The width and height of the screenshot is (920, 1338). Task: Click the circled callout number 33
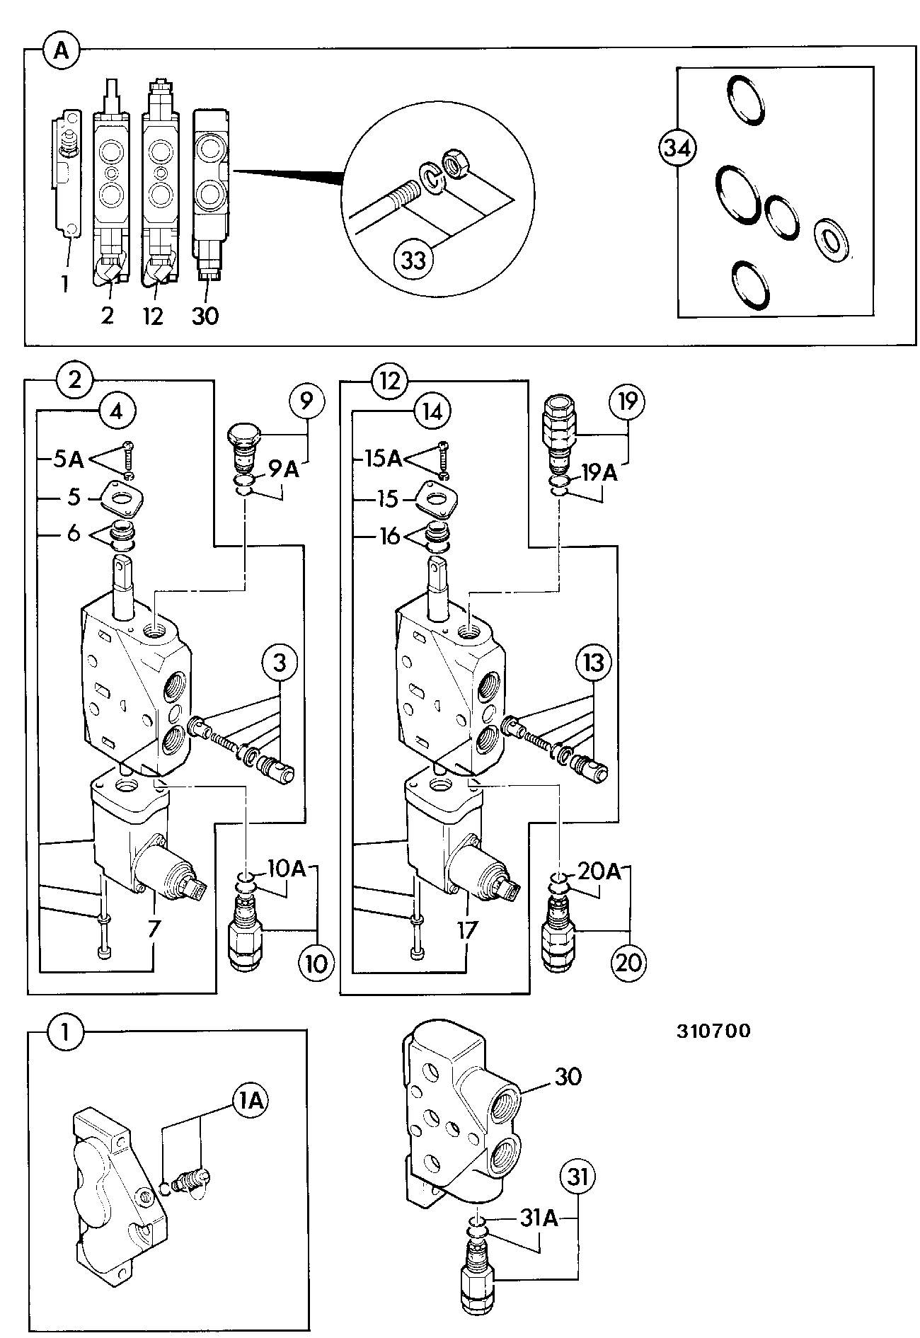pos(413,260)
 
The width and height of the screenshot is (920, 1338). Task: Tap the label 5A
pos(69,459)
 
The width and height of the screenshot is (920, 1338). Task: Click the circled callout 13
pos(594,663)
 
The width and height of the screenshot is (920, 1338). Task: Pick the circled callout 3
pos(280,663)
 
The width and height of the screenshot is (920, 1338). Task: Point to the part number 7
pos(153,929)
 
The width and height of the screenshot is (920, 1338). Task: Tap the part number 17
pos(467,929)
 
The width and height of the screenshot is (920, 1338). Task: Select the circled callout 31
pos(578,1177)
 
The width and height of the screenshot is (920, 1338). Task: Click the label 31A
pos(539,1219)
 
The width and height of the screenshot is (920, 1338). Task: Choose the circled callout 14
pos(432,412)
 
